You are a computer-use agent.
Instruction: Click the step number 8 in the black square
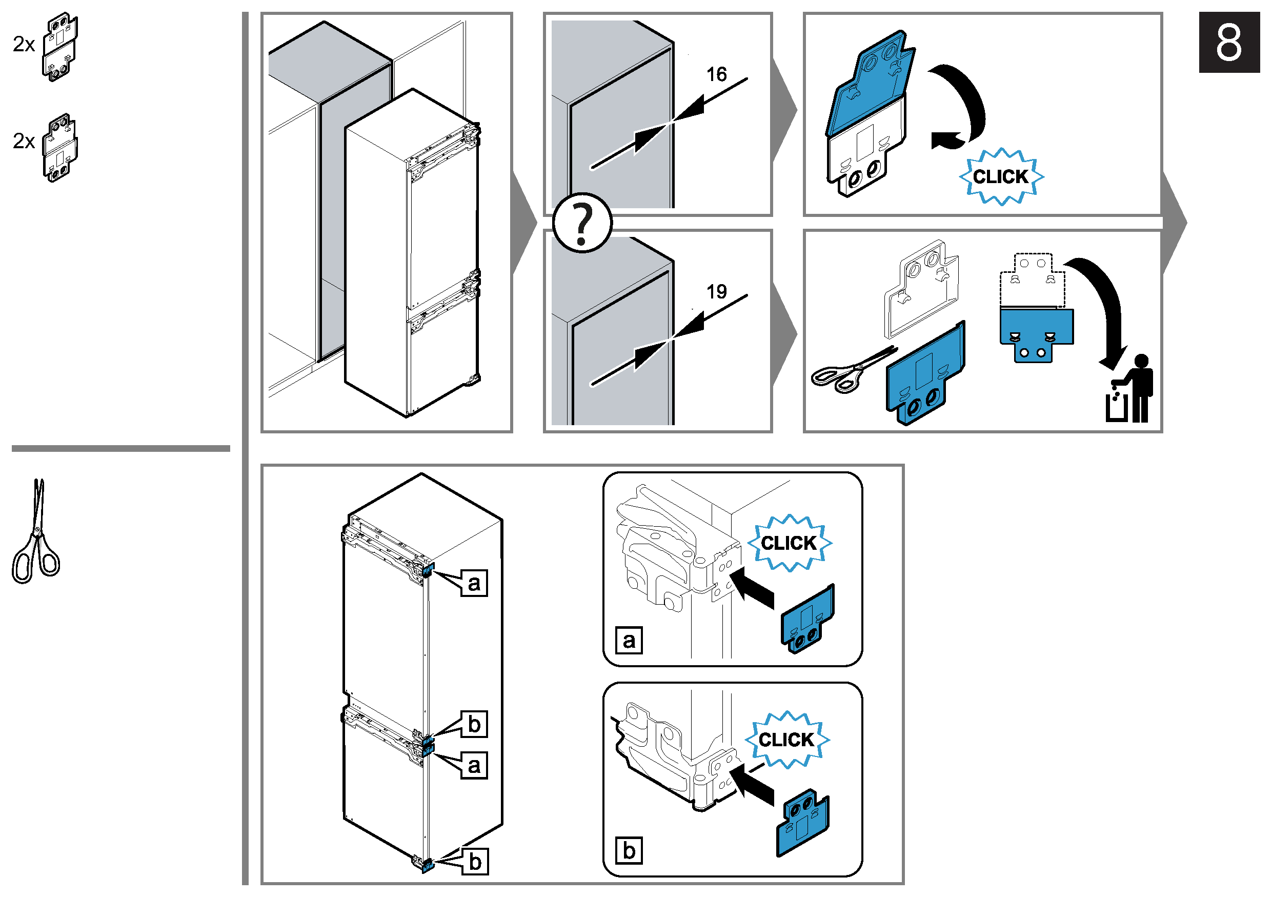click(x=1228, y=43)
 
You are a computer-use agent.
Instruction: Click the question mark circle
click(x=582, y=223)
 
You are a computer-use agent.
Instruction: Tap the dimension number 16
click(x=716, y=74)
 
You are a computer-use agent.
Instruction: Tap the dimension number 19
click(x=716, y=291)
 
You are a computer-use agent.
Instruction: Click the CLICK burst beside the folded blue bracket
click(x=1001, y=177)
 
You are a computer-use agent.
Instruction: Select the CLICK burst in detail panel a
click(x=789, y=543)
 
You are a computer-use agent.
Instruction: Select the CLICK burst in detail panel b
click(x=786, y=740)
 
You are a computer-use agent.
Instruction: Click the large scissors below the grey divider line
click(x=35, y=532)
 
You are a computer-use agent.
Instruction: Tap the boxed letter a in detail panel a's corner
click(x=629, y=641)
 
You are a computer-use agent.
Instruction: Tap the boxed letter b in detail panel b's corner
click(x=629, y=850)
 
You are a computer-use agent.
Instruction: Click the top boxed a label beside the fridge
click(x=474, y=583)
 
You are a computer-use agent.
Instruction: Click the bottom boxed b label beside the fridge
click(x=475, y=862)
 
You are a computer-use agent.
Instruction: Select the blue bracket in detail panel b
click(x=803, y=821)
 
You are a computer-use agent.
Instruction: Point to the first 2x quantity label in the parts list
click(x=24, y=44)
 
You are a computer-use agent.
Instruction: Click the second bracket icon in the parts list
click(x=60, y=148)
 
